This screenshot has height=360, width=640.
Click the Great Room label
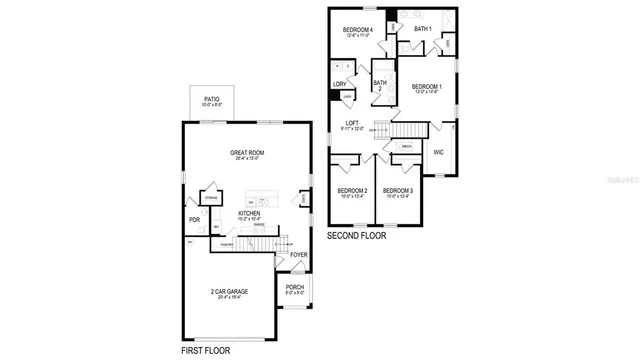[x=246, y=154]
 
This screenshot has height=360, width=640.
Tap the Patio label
[x=212, y=100]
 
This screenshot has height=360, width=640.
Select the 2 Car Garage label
[x=229, y=292]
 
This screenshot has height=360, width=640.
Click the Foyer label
[x=298, y=255]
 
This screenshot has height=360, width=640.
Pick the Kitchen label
[x=249, y=214]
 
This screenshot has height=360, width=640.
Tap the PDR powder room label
[x=194, y=220]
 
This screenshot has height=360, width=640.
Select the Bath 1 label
[x=422, y=29]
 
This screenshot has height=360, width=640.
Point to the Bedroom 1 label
[x=426, y=88]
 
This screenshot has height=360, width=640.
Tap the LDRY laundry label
[x=340, y=84]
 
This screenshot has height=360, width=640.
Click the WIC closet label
[x=438, y=152]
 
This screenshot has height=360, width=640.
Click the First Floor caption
[x=205, y=352]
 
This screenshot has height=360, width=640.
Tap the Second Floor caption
[x=357, y=236]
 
